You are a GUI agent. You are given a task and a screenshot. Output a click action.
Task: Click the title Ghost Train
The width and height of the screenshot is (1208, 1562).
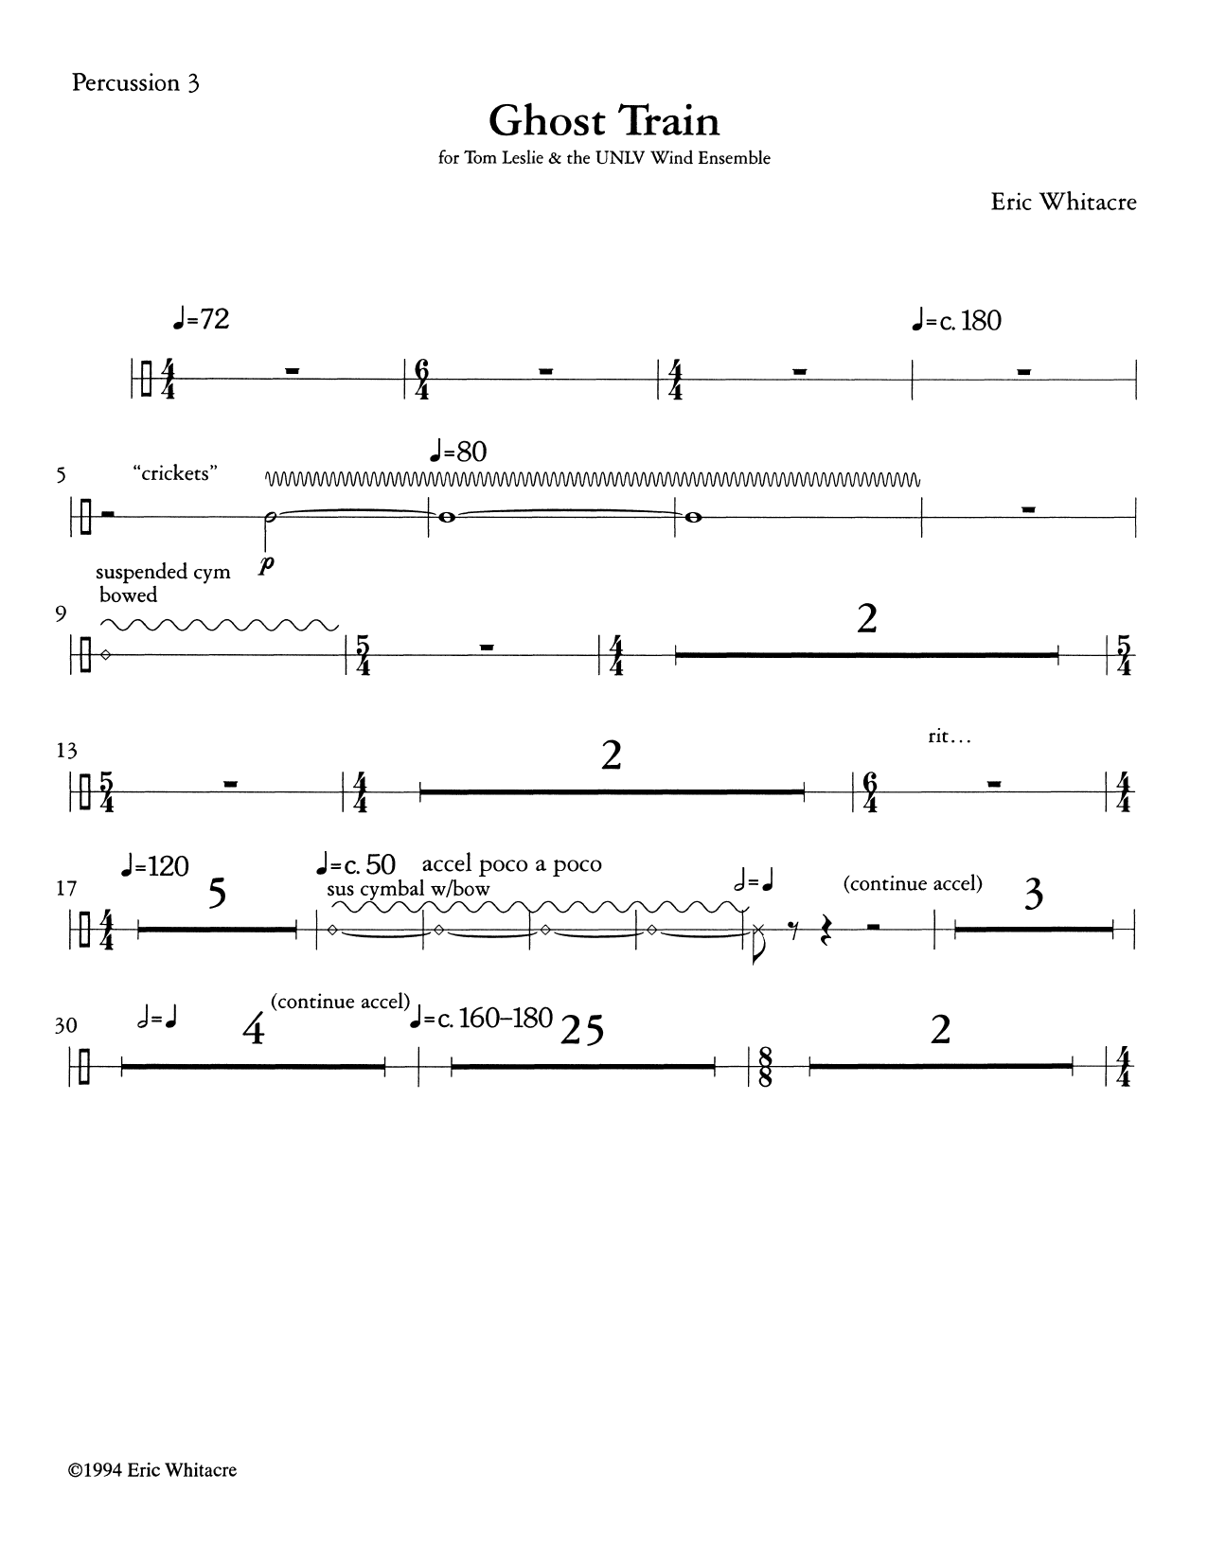point(603,121)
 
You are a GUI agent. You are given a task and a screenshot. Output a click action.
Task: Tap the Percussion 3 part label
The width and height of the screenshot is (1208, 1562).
point(135,83)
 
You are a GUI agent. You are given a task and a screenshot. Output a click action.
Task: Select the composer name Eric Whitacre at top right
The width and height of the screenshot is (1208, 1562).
point(1062,202)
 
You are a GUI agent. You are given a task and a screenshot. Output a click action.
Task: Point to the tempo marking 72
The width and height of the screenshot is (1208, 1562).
point(201,320)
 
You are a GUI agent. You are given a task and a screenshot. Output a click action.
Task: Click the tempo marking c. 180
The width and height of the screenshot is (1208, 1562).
point(953,321)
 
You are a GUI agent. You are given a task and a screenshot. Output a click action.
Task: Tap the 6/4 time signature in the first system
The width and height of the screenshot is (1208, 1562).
point(421,379)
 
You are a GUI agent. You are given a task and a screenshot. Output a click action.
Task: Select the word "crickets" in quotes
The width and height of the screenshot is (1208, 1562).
point(176,473)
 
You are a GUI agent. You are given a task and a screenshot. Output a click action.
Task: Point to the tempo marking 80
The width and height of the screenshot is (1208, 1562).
point(459,452)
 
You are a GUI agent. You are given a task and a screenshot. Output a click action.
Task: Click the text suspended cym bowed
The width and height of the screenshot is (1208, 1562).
point(162,583)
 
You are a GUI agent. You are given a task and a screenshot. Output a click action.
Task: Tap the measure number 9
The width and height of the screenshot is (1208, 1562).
point(62,614)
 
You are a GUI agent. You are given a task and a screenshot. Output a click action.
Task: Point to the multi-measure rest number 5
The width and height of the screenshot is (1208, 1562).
point(217,894)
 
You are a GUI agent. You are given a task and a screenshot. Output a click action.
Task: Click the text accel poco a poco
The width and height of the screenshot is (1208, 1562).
point(511,863)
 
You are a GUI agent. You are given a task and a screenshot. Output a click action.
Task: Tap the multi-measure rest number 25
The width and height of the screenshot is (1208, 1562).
point(581,1032)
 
